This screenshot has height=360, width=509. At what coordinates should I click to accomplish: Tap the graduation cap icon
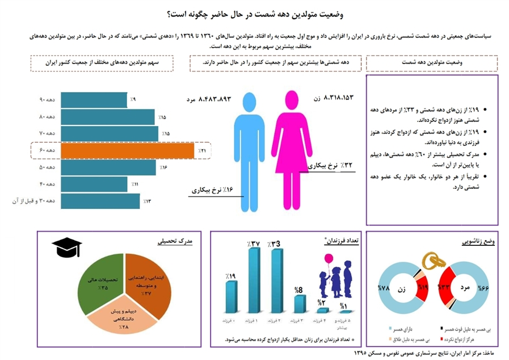tap(66, 248)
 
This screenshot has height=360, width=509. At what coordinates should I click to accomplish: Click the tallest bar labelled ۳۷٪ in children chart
tap(255, 281)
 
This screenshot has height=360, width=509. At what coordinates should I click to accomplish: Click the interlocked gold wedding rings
tap(434, 261)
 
